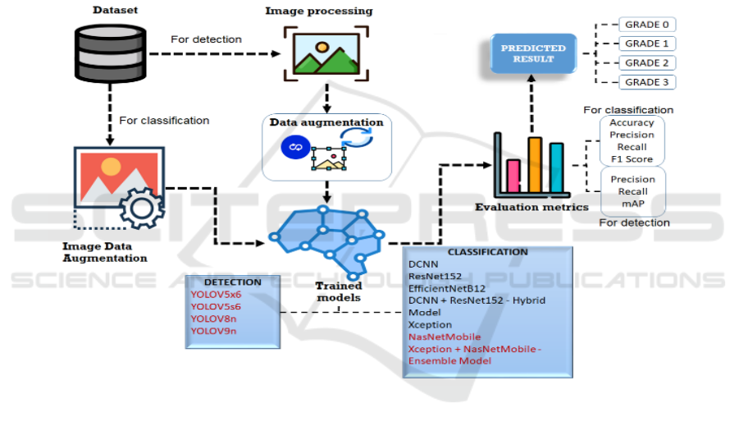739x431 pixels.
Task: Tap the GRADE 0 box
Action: click(647, 25)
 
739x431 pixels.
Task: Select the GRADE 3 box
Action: click(647, 82)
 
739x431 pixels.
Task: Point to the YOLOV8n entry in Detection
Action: click(214, 319)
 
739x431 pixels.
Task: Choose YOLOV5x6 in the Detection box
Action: click(216, 294)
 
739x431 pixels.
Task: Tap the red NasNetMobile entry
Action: click(444, 337)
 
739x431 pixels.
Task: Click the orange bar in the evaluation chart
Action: click(535, 163)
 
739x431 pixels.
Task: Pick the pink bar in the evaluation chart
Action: click(514, 174)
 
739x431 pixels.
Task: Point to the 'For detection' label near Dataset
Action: click(206, 39)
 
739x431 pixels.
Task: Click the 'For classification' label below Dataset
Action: click(164, 121)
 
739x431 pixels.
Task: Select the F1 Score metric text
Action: click(632, 158)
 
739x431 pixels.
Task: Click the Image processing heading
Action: click(318, 11)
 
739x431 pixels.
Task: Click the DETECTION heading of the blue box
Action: click(232, 282)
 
